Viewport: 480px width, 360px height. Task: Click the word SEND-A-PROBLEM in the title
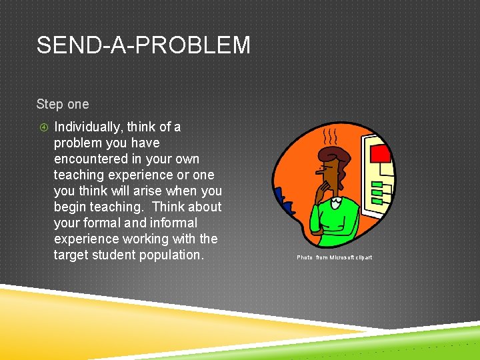click(143, 45)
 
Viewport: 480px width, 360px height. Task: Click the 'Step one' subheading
click(62, 105)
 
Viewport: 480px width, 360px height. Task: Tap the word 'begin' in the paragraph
click(69, 207)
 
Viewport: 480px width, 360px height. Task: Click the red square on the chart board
click(380, 154)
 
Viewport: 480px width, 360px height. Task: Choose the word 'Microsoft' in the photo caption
click(342, 257)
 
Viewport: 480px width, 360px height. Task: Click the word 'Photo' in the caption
click(304, 257)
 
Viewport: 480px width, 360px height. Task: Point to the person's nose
click(319, 175)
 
